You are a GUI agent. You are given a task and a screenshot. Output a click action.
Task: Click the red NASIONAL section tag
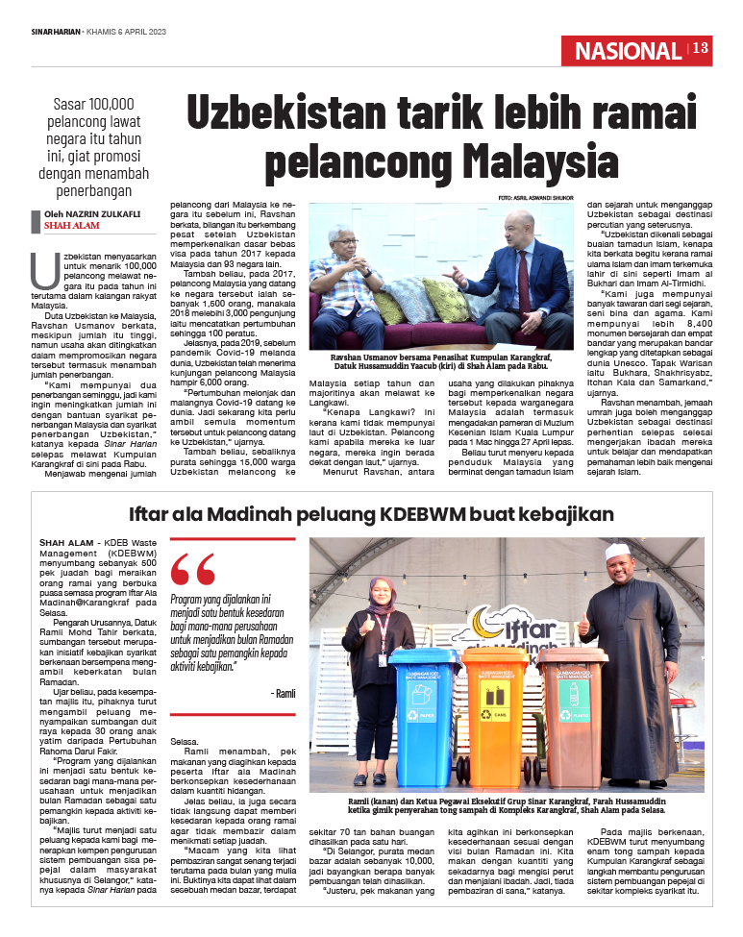pyautogui.click(x=628, y=51)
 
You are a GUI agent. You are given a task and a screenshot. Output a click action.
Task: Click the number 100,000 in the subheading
pyautogui.click(x=111, y=104)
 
